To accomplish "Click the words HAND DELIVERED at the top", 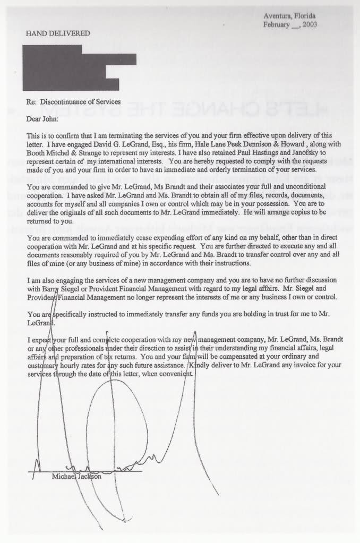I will [58, 33].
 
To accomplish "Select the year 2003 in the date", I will [307, 24].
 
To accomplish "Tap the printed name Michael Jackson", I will [76, 476].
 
